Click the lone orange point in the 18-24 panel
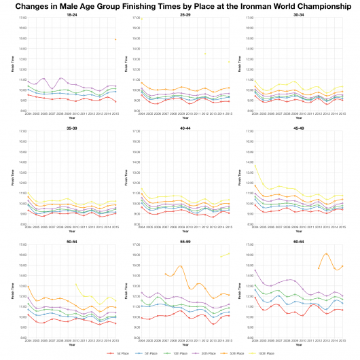point(115,39)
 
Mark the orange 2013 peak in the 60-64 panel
point(327,253)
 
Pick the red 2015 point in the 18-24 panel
point(115,102)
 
